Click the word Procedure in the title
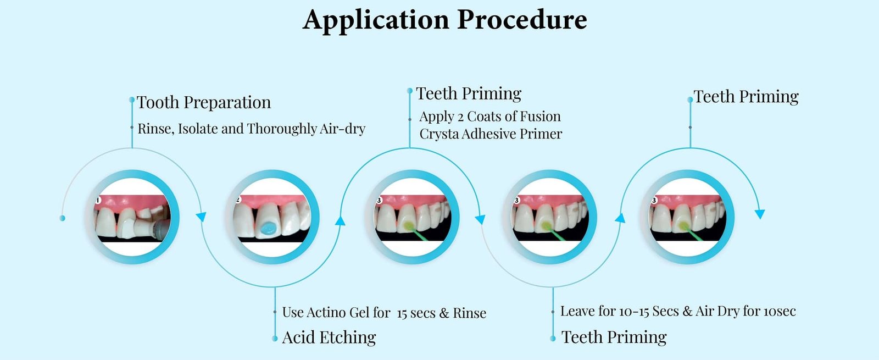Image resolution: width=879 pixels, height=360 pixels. point(522,20)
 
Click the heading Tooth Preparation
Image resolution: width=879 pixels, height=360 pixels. point(204,102)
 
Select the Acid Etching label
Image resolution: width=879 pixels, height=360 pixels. point(329,337)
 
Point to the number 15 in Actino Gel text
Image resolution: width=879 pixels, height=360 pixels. point(402,313)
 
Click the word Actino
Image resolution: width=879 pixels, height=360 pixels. point(326,312)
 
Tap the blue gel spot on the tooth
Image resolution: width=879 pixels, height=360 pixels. point(269,228)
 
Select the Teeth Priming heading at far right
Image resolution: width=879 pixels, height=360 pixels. point(746,97)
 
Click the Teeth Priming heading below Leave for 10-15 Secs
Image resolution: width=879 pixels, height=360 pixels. point(614,337)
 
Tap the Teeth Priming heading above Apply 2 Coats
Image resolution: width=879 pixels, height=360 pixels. point(468,93)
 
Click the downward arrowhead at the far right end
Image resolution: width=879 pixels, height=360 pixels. point(760,214)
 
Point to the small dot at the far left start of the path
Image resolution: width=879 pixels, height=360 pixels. point(62,218)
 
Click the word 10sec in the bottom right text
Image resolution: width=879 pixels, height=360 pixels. point(780,312)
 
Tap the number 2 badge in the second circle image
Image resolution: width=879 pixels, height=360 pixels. point(238,200)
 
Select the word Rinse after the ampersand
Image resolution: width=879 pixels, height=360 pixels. point(469,313)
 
